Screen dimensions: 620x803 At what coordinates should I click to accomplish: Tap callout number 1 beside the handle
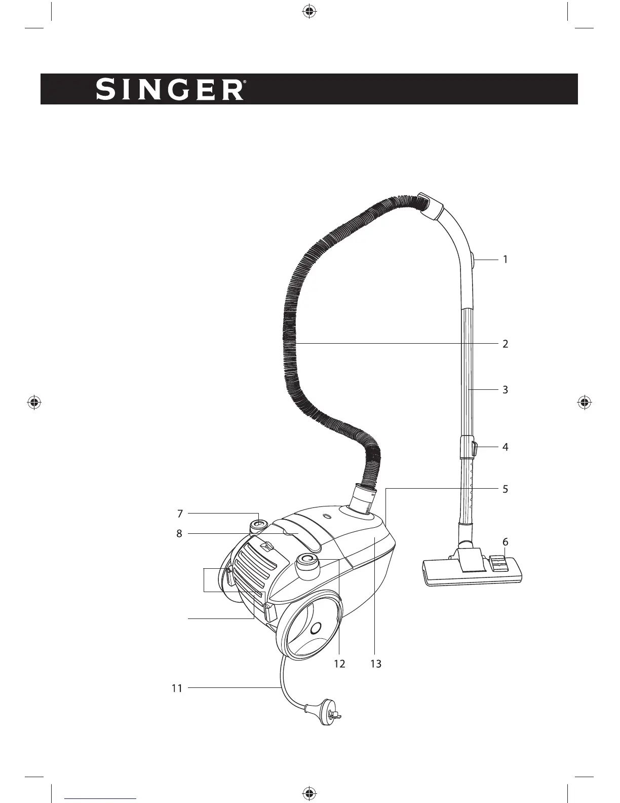tap(505, 260)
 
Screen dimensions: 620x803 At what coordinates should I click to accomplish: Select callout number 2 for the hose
tap(505, 344)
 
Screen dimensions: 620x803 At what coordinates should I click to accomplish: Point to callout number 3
tap(505, 390)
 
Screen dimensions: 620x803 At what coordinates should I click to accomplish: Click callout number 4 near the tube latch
tap(505, 447)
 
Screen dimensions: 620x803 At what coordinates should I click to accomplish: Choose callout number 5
tap(505, 489)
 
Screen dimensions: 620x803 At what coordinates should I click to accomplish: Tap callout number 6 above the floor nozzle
tap(505, 542)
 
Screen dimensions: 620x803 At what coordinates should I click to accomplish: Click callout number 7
tap(180, 514)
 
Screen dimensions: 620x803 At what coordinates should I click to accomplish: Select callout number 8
tap(179, 533)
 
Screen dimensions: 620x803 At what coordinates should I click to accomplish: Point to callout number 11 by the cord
tap(176, 688)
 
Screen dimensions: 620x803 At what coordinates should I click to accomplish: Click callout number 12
tap(339, 664)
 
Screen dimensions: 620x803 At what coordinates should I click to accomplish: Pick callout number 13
tap(375, 664)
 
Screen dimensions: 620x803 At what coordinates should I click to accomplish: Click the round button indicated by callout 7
tap(258, 525)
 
